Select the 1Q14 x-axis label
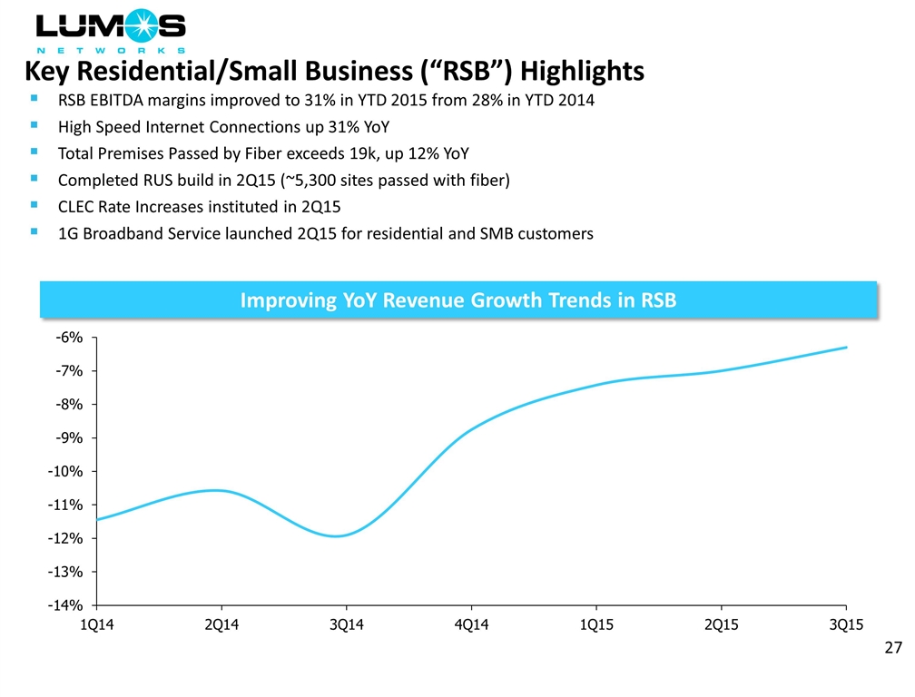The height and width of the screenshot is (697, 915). [x=95, y=626]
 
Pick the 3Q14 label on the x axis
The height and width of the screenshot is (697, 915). [x=345, y=626]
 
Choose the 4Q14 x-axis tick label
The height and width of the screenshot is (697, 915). [x=470, y=626]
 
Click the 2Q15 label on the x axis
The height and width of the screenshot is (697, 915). [x=720, y=626]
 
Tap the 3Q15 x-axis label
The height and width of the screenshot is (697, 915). [x=844, y=626]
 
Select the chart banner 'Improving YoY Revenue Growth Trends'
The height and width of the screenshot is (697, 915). [x=457, y=300]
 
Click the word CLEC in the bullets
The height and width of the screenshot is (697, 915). [x=76, y=207]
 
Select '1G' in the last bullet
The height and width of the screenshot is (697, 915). [x=67, y=233]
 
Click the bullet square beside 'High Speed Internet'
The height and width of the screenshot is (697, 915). [x=34, y=126]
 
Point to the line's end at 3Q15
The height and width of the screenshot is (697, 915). [x=846, y=348]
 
